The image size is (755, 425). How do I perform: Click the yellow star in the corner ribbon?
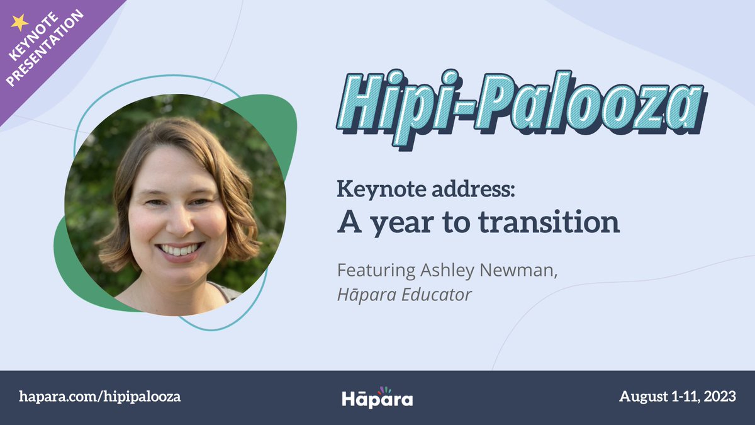20,22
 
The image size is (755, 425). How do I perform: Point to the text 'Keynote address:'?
426,190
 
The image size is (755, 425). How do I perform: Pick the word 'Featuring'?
376,271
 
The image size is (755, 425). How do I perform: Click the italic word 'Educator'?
439,295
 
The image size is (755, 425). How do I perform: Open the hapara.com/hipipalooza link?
100,397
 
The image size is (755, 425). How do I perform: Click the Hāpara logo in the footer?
377,399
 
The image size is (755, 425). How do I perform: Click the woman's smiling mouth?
181,250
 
